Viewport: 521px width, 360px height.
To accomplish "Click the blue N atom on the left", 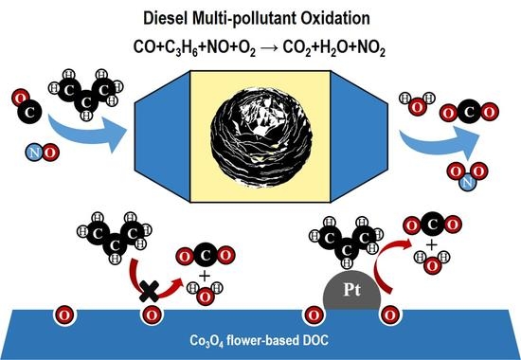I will click(32, 148).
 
